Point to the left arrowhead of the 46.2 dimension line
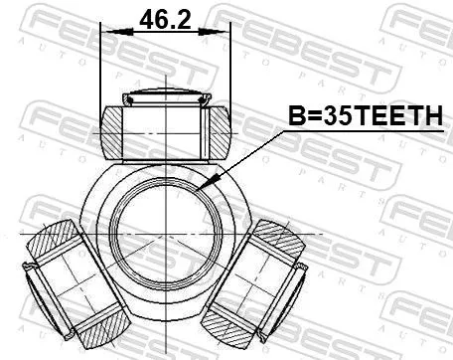point(106,32)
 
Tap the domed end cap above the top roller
point(165,98)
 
